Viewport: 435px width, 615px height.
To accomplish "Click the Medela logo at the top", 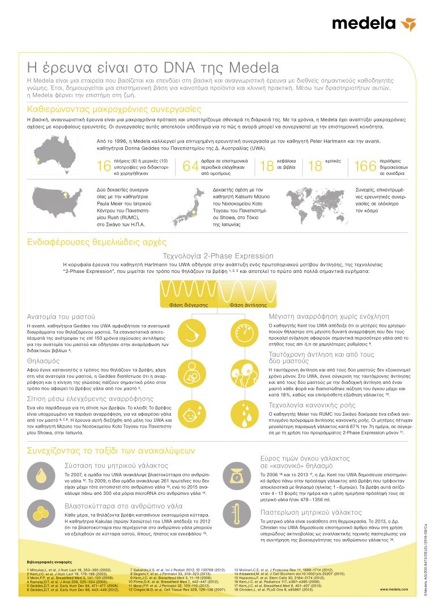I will [x=373, y=24].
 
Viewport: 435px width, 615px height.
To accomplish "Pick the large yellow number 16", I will [x=104, y=166].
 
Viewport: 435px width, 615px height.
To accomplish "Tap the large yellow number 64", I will [x=191, y=166].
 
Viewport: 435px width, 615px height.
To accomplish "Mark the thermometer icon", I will [x=233, y=514].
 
